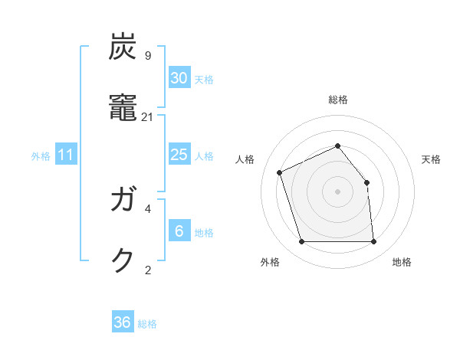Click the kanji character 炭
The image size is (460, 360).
coord(123,47)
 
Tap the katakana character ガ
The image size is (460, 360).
coord(123,201)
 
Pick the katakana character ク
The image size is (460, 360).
coord(123,261)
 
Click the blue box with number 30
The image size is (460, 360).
coord(179,78)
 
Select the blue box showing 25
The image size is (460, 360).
coord(179,155)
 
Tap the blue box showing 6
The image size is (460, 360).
coord(179,231)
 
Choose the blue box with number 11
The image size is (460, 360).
coord(66,155)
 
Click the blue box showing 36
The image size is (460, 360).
coord(123,322)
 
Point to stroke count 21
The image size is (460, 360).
coord(148,116)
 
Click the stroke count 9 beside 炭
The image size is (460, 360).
coord(148,56)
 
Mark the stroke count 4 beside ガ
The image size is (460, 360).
coord(148,208)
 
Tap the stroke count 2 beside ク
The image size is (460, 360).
coord(148,270)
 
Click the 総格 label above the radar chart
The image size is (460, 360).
coord(338,100)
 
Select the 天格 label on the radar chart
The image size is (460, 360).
coord(431,159)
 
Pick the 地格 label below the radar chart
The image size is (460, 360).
coord(402,262)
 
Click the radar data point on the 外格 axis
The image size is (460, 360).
coord(301,242)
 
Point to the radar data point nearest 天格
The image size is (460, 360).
coord(366,182)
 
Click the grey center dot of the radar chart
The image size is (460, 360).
coord(337,191)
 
